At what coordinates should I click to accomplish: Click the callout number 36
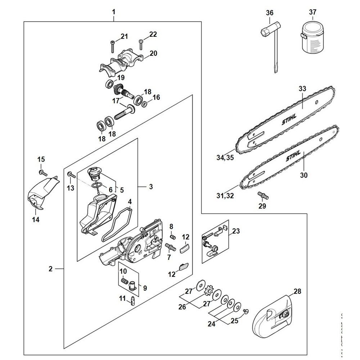(x=270, y=13)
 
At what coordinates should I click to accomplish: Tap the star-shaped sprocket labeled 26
(x=207, y=289)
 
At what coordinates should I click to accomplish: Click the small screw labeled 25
(x=246, y=310)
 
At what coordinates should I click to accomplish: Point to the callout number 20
(x=153, y=53)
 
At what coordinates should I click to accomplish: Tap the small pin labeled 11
(x=133, y=300)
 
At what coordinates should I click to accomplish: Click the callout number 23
(x=236, y=231)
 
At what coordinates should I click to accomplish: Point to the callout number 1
(x=114, y=12)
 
